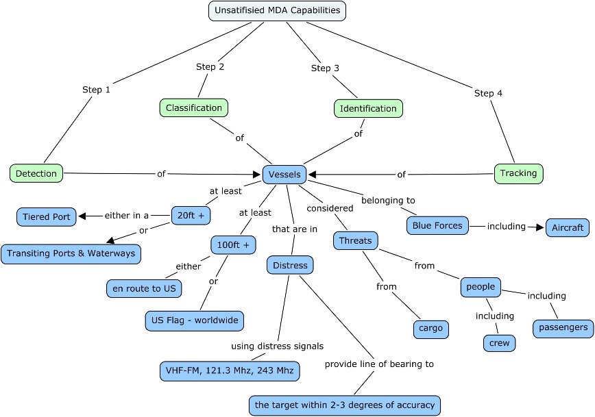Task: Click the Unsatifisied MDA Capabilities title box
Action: point(276,11)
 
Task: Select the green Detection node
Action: point(36,173)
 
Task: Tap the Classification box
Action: point(194,108)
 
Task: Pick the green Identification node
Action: point(368,108)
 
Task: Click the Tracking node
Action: point(518,173)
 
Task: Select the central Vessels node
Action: point(284,175)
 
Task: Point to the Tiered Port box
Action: point(47,217)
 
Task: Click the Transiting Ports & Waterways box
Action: point(71,253)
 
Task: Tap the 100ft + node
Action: point(233,244)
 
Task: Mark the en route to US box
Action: point(144,288)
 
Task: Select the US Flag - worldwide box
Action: point(194,320)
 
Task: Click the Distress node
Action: point(290,265)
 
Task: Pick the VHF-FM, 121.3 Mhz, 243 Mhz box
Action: point(228,370)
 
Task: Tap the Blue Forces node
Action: point(437,225)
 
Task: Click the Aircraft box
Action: point(567,227)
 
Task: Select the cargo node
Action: point(431,329)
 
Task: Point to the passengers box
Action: point(562,327)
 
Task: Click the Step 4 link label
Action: point(488,93)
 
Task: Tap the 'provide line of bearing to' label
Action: point(379,364)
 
